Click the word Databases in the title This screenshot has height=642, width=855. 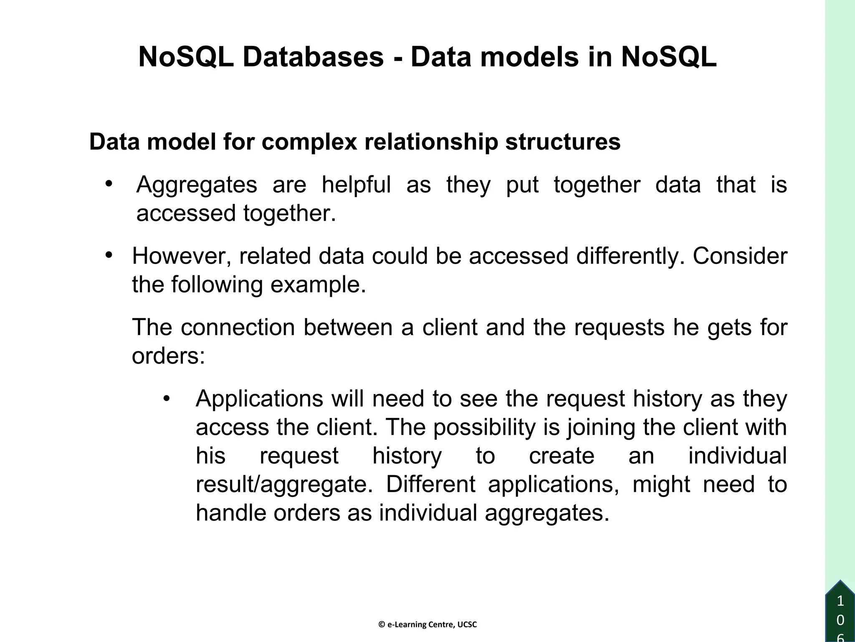313,57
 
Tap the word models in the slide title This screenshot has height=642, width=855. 529,57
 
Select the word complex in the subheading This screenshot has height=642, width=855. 309,142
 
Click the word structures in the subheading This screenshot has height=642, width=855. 563,142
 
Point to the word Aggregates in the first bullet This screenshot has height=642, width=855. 197,185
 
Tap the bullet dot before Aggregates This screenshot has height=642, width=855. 109,184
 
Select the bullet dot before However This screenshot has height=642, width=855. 109,255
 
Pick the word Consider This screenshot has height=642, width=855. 740,256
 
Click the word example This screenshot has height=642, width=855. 318,285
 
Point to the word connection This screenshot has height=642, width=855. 238,327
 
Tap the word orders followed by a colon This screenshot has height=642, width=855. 168,356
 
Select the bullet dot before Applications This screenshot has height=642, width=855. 167,398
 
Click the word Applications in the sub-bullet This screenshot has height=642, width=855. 259,399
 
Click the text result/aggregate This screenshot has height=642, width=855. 284,485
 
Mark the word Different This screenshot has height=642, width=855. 430,484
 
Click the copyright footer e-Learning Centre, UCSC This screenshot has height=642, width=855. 427,625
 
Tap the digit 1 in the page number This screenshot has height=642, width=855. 840,602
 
